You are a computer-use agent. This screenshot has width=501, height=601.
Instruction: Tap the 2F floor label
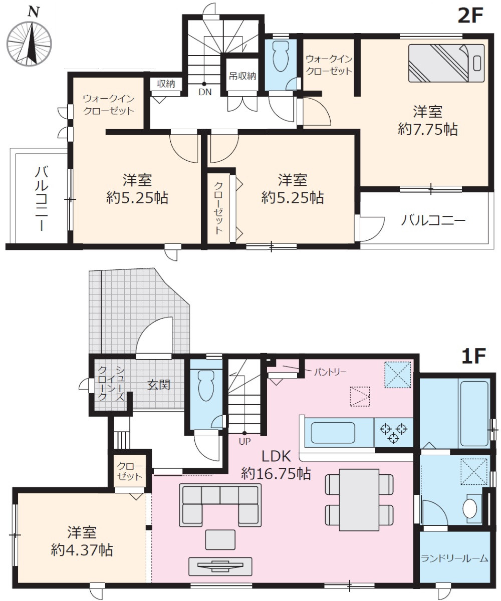(469, 17)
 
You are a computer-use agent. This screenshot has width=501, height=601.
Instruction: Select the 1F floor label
(473, 356)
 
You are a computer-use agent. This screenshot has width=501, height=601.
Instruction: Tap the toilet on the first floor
(205, 386)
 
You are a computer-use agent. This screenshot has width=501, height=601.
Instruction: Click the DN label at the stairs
(204, 92)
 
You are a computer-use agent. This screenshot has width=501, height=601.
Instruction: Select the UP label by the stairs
(244, 441)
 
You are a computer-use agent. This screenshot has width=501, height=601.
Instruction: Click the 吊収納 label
(243, 77)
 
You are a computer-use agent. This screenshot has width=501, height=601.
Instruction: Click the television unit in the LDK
(219, 566)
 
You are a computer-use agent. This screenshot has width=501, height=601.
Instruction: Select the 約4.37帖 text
(82, 550)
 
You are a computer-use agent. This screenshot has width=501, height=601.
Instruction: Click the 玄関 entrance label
(159, 385)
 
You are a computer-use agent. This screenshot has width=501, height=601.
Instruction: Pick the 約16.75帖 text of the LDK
(276, 472)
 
